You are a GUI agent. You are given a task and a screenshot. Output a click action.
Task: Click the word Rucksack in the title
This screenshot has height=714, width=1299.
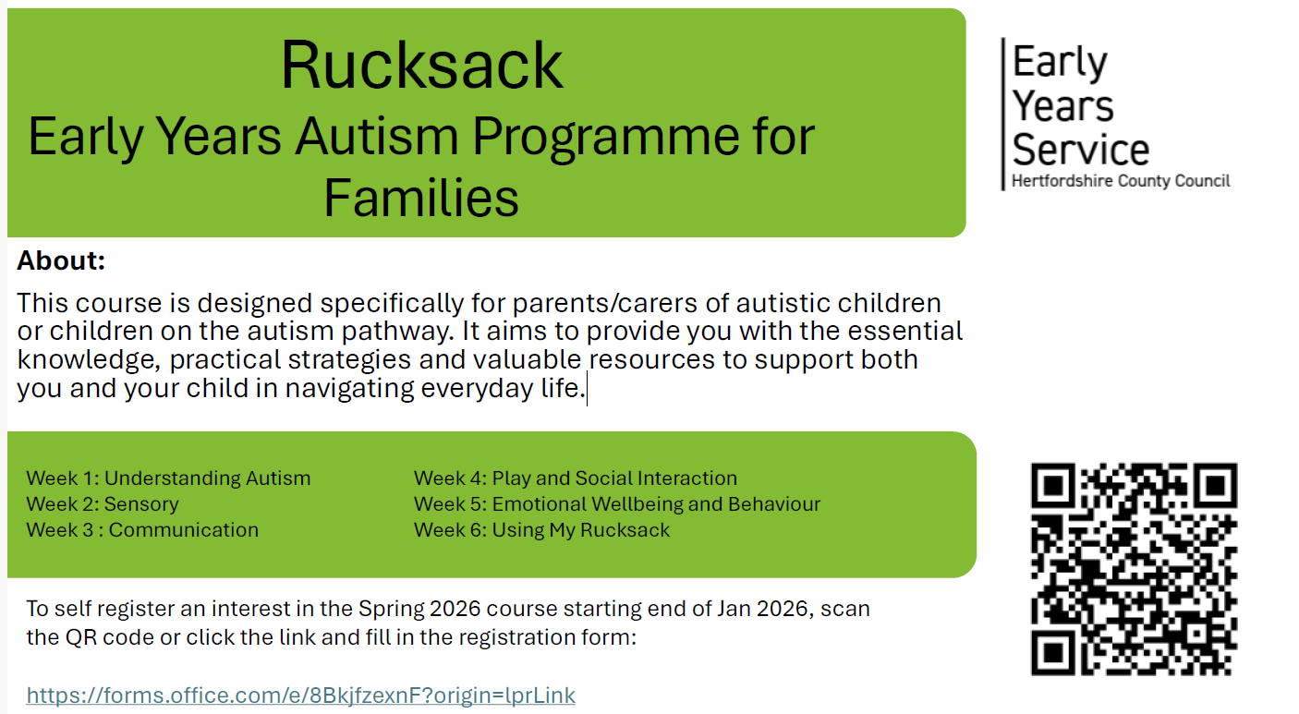point(421,65)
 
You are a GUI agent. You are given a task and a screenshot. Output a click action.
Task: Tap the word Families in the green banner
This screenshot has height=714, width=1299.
point(421,198)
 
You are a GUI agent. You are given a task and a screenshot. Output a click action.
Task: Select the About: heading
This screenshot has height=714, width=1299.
point(61,260)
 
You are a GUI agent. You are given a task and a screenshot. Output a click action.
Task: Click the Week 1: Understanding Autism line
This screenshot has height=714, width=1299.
point(168,478)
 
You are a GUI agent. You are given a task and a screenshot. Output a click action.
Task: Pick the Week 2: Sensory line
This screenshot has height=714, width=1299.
point(103,504)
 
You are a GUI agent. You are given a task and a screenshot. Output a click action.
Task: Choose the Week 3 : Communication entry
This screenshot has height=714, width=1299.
point(142,529)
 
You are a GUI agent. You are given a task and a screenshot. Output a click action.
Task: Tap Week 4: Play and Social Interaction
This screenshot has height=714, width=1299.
point(576,478)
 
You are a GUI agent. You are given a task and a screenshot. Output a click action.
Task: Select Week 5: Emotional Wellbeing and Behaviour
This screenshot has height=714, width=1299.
point(617,504)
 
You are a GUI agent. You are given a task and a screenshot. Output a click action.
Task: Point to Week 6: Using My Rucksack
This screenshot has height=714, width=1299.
point(541,529)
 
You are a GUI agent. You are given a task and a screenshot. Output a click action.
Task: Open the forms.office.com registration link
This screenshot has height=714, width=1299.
point(301,695)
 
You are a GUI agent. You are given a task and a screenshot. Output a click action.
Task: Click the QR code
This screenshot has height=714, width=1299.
point(1134,569)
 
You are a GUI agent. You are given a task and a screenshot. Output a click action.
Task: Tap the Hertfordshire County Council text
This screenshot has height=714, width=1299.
point(1121,181)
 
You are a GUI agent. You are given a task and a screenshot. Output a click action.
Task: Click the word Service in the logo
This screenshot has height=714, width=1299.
point(1080,150)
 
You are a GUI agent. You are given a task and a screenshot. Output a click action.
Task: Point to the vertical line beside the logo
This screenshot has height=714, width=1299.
point(1003,114)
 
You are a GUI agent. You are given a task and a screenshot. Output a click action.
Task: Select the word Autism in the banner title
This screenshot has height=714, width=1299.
point(377,137)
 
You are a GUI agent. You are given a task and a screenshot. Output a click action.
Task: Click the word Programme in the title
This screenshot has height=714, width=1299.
point(606,139)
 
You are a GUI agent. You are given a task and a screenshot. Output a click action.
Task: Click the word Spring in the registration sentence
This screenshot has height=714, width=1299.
point(390,610)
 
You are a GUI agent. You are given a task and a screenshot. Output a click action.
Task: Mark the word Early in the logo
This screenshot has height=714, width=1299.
point(1060,63)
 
